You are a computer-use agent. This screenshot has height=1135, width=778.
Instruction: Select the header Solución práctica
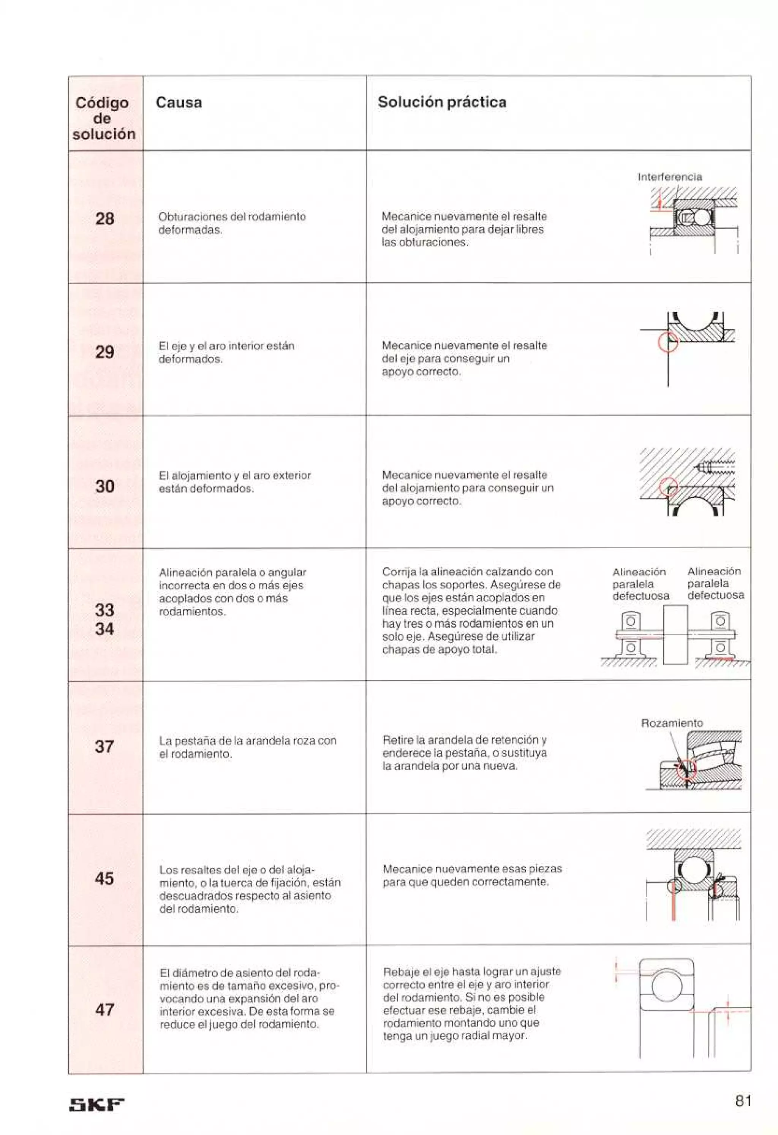pos(442,102)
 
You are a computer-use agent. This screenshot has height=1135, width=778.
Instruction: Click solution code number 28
pos(104,218)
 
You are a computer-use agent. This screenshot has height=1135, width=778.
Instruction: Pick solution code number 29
pos(104,351)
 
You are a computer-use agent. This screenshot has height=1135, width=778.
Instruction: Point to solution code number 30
pos(104,486)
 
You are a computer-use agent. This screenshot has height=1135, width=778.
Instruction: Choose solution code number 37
pos(104,746)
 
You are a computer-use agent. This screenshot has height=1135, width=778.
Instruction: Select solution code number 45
pos(104,879)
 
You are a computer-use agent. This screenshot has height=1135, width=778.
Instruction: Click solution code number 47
pos(104,1010)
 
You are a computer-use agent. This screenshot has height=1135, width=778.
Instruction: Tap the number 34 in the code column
pos(104,629)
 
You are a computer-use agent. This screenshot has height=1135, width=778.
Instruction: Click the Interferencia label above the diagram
pos(670,177)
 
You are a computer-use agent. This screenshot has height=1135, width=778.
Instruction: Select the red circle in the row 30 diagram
pos(669,486)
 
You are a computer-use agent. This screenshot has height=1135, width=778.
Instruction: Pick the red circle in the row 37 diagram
pos(686,769)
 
